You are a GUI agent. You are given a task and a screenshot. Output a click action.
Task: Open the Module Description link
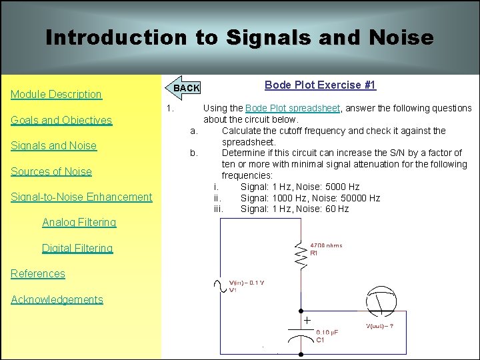pos(56,95)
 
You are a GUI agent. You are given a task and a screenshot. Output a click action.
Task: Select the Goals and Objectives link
pos(61,121)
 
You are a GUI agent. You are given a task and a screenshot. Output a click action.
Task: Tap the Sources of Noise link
pos(51,171)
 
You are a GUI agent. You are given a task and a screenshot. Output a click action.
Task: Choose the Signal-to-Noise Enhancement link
pos(81,197)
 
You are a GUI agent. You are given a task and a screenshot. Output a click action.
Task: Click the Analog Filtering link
pos(79,222)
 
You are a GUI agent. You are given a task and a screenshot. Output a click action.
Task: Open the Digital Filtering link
pos(77,248)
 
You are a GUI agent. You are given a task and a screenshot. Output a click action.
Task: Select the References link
pos(38,273)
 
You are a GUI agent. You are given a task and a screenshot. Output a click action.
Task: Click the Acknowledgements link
pos(57,299)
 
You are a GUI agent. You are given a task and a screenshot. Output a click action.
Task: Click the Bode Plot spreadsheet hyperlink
pos(293,108)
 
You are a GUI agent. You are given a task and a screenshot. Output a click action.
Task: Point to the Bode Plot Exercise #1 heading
pos(320,85)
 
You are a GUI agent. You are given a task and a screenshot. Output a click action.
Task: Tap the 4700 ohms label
pos(327,245)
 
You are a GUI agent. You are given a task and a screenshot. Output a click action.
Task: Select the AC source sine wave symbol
pos(217,287)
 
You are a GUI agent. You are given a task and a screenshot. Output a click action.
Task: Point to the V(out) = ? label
pos(385,326)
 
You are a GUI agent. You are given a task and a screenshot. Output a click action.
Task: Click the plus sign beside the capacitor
pos(307,321)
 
